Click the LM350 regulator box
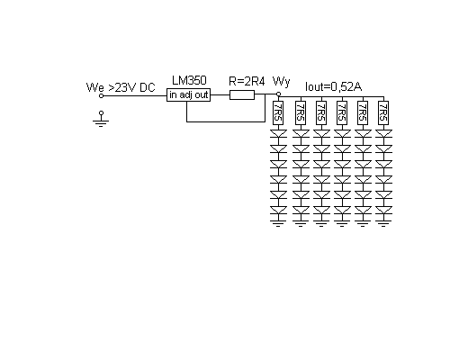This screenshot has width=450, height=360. [188, 95]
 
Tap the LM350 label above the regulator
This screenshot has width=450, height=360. [189, 80]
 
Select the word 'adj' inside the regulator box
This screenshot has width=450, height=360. [186, 95]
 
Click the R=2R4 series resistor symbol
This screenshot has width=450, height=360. [242, 95]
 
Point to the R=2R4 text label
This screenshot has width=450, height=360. [247, 81]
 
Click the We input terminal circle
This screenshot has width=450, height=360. [101, 96]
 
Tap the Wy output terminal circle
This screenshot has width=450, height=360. [278, 94]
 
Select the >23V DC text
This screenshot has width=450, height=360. [131, 87]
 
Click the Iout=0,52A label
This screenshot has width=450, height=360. [333, 86]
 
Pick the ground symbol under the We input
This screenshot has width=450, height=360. [101, 120]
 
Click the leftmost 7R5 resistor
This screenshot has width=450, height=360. [278, 112]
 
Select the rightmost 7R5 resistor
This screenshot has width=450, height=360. [383, 112]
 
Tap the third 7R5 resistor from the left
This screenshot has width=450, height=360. [321, 112]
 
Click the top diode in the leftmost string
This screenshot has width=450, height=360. [278, 134]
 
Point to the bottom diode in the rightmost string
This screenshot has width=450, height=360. [383, 210]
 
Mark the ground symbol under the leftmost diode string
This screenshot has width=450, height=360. [278, 223]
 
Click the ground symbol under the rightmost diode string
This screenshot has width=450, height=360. [383, 223]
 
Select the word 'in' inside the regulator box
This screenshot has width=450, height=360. [173, 95]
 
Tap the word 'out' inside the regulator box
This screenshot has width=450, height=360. [202, 95]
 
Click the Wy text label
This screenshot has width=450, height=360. [282, 82]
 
